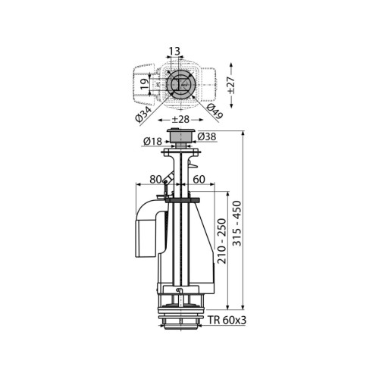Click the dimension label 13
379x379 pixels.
coord(174,52)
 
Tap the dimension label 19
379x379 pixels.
coord(145,84)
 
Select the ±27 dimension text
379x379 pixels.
coord(230,85)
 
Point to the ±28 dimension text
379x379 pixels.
coord(181,120)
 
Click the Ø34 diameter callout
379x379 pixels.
coord(143,114)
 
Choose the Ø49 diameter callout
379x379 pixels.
coord(215,111)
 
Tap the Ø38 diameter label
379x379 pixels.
coord(207,136)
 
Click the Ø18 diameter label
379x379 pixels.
coord(152,142)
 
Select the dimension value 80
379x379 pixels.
coord(155,180)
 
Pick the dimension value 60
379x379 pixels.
coord(199,180)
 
